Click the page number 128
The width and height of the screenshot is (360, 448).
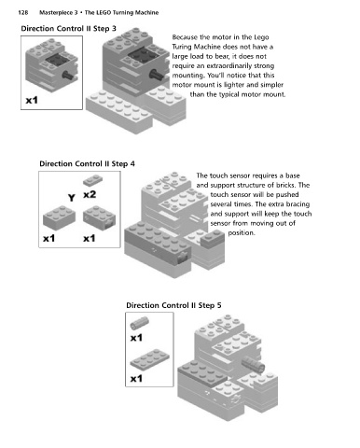coord(23,12)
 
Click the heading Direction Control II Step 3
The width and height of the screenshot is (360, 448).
coord(68,29)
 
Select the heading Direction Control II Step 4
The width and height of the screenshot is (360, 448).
coord(87,163)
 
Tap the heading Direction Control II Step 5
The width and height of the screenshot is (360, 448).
coord(173,305)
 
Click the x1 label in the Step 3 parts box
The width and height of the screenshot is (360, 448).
coord(32,100)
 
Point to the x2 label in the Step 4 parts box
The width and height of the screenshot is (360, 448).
coord(90,194)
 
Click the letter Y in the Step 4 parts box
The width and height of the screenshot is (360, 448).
coord(72,198)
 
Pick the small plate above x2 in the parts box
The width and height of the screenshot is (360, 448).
coord(92,180)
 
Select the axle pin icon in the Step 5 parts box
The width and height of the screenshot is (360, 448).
coord(139,323)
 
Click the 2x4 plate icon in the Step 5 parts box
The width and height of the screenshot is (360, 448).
coord(149,358)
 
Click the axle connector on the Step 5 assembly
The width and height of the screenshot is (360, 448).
coord(253,363)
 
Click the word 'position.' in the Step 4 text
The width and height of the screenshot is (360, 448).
coord(242,232)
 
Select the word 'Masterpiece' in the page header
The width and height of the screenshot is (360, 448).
coord(56,13)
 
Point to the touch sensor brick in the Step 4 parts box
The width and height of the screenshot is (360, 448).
coord(99,217)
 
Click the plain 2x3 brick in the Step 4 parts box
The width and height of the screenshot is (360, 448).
coord(59,217)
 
